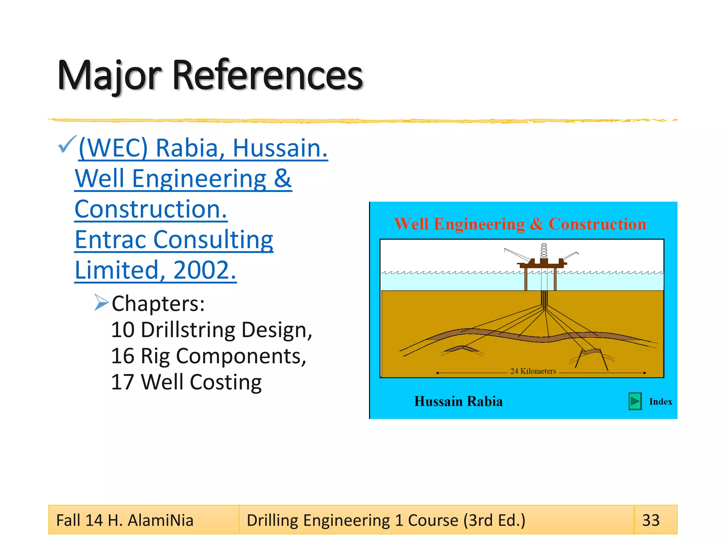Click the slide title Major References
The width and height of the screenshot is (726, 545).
tap(210, 75)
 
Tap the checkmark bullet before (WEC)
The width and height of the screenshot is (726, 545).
tap(67, 144)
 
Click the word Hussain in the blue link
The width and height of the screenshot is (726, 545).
tap(280, 148)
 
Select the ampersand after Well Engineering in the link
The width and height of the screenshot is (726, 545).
tap(283, 178)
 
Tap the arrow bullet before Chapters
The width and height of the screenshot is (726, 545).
tap(101, 302)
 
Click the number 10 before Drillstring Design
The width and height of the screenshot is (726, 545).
tap(123, 330)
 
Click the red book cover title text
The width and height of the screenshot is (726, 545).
tap(520, 224)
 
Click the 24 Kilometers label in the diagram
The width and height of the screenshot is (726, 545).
tap(533, 371)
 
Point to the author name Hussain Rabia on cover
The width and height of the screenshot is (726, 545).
tap(458, 401)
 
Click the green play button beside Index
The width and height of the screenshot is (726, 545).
tap(635, 402)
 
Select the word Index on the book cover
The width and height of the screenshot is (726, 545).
tap(660, 402)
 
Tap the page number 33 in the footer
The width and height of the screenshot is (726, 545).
tap(651, 521)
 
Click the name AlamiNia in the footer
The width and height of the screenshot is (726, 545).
tap(160, 521)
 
